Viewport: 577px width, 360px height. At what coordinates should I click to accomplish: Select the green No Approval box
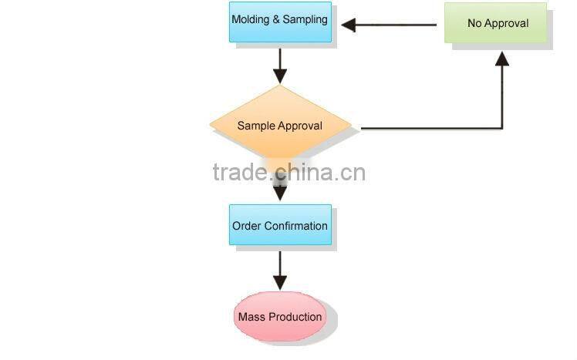pos(498,23)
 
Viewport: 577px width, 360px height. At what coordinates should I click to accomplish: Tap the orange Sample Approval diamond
pos(279,126)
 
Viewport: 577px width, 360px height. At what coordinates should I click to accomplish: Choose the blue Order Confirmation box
pos(280,226)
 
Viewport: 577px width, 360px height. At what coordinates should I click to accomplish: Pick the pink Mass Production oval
pos(279,317)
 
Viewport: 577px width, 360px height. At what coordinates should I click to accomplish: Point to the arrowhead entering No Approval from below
pos(502,58)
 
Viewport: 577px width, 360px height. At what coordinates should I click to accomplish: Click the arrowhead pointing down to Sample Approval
pos(280,76)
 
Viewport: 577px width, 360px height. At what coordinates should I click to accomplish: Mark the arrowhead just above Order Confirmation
pos(280,193)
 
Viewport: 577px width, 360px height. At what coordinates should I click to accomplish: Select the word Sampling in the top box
pos(305,19)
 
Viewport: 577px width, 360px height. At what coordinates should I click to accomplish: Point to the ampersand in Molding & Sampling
pos(276,19)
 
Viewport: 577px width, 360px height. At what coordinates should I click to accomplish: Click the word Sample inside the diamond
pos(255,126)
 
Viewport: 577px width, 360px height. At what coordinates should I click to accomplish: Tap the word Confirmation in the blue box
pos(296,226)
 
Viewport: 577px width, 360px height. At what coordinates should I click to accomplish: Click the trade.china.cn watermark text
pos(289,172)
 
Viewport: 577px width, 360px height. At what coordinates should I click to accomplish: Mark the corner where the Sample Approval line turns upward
pos(502,127)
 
